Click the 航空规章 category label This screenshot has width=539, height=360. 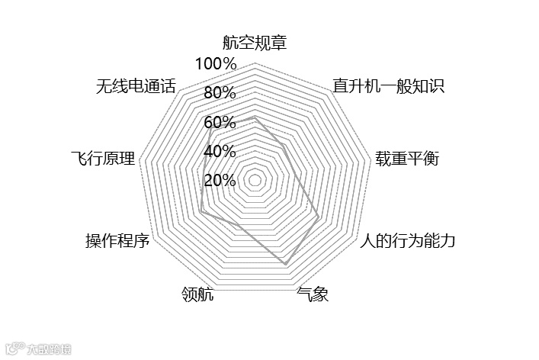255,43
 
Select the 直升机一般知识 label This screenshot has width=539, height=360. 388,85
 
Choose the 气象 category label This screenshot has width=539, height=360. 313,294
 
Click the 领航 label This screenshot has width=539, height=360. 197,294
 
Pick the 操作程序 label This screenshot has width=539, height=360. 117,242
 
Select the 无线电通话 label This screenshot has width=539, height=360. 136,85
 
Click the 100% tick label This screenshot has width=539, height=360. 216,63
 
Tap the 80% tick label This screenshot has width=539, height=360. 220,93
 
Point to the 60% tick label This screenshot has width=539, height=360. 220,122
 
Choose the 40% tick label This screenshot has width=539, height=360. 220,151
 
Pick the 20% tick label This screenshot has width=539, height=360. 220,181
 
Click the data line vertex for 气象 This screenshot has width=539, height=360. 285,264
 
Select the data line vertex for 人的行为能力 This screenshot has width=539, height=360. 319,218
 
